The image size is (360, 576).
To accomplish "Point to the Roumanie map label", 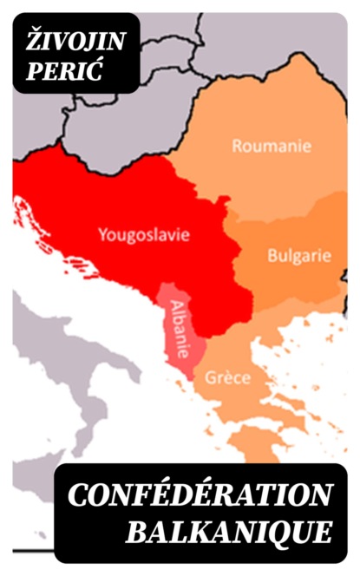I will coord(272,146).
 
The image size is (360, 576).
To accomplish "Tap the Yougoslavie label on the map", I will coord(145,233).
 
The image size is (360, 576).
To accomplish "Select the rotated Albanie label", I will coord(178,330).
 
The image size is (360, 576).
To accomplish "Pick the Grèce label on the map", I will coord(228,378).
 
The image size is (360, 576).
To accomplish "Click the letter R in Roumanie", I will coord(236,146).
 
